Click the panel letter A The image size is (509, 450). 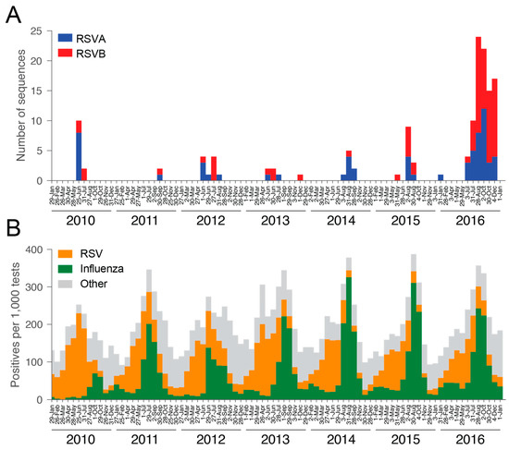tap(14, 15)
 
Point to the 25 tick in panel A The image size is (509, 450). tap(36, 31)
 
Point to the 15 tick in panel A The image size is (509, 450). tap(36, 91)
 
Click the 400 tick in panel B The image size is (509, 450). tap(33, 250)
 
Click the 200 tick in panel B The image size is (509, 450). tap(33, 325)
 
